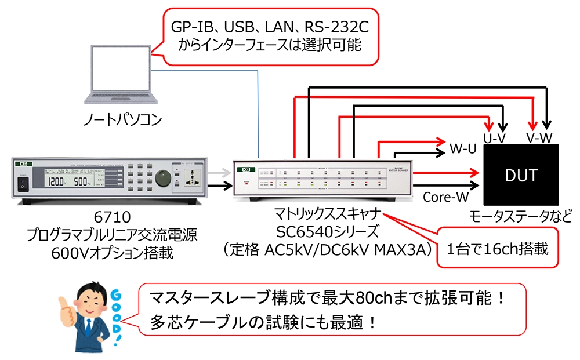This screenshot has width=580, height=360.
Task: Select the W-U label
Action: coord(463,149)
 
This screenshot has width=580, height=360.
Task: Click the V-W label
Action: coord(539,138)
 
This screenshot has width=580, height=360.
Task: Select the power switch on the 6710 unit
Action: coord(23,185)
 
